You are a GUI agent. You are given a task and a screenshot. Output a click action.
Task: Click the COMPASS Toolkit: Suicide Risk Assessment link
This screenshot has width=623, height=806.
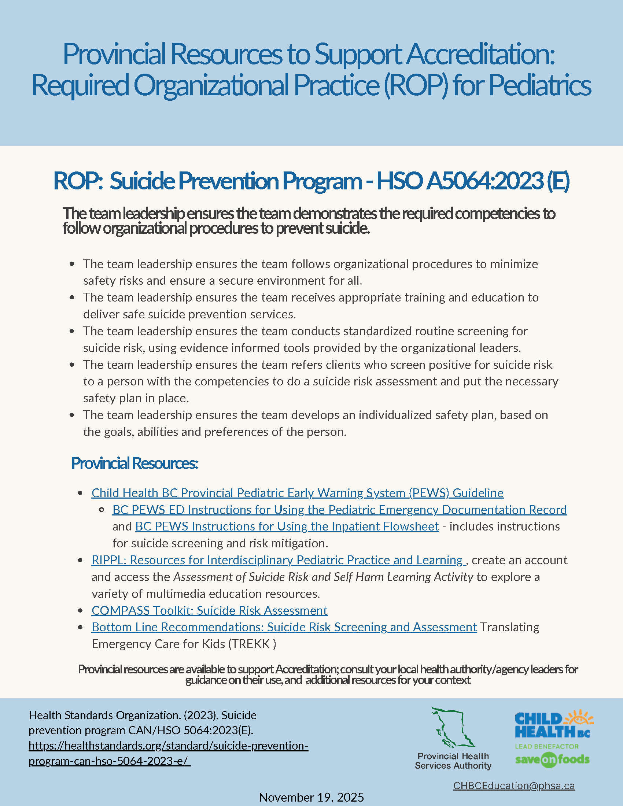pyautogui.click(x=209, y=610)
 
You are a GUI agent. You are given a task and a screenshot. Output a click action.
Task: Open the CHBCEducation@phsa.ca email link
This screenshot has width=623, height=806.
pyautogui.click(x=514, y=786)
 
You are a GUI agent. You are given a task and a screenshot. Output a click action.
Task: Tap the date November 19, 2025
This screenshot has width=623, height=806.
pyautogui.click(x=311, y=797)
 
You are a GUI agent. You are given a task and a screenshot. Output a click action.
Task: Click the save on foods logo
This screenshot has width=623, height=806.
pyautogui.click(x=552, y=759)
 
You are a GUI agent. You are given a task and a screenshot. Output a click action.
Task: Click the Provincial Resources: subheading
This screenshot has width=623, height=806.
pyautogui.click(x=134, y=463)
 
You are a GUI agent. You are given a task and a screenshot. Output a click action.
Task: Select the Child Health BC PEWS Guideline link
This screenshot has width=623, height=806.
pyautogui.click(x=297, y=493)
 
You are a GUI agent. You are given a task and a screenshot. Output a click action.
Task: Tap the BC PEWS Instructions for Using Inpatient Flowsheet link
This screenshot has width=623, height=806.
pyautogui.click(x=287, y=526)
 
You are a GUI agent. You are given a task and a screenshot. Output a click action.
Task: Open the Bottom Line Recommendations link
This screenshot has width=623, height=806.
pyautogui.click(x=284, y=627)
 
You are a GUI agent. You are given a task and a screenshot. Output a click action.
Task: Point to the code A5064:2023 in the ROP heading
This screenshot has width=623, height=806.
pyautogui.click(x=484, y=181)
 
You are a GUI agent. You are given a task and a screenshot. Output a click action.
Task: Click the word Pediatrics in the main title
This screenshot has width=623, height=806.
pyautogui.click(x=540, y=85)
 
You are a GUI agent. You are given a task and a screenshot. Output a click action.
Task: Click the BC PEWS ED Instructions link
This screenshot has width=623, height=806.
pyautogui.click(x=339, y=510)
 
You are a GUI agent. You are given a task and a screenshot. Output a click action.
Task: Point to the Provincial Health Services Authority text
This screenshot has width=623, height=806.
pyautogui.click(x=453, y=761)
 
